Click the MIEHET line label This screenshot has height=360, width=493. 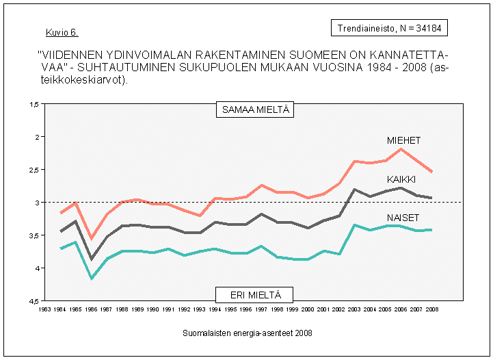point(403,140)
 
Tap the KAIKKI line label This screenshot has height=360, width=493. point(402,179)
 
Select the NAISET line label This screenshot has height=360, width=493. point(403,217)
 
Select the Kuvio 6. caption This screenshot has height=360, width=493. point(62,32)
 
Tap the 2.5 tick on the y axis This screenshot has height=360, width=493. point(34,170)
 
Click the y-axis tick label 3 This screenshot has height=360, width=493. point(37,203)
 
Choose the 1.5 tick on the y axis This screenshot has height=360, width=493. point(34,104)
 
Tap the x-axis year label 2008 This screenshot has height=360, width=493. point(432,309)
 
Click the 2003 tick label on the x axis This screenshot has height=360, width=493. point(355,309)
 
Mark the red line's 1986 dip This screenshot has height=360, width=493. point(92,238)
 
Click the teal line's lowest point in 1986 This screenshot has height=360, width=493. point(92,278)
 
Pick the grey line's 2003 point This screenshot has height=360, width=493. point(355,190)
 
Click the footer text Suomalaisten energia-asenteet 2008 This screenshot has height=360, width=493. point(248,333)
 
